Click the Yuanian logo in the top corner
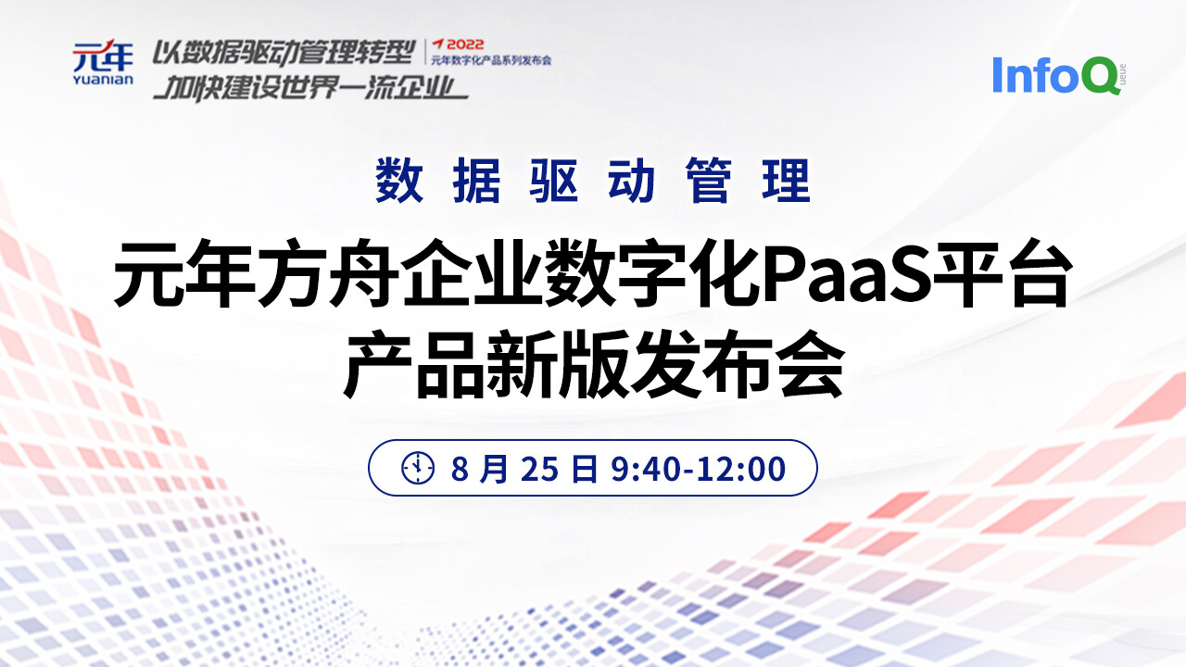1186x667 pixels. pos(103,63)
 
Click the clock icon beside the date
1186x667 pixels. pos(418,469)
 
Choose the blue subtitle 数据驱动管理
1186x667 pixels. pos(593,182)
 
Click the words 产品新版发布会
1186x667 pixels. pos(593,368)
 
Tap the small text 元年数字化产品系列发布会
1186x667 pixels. pos(491,60)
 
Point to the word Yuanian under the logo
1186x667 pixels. pos(103,80)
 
